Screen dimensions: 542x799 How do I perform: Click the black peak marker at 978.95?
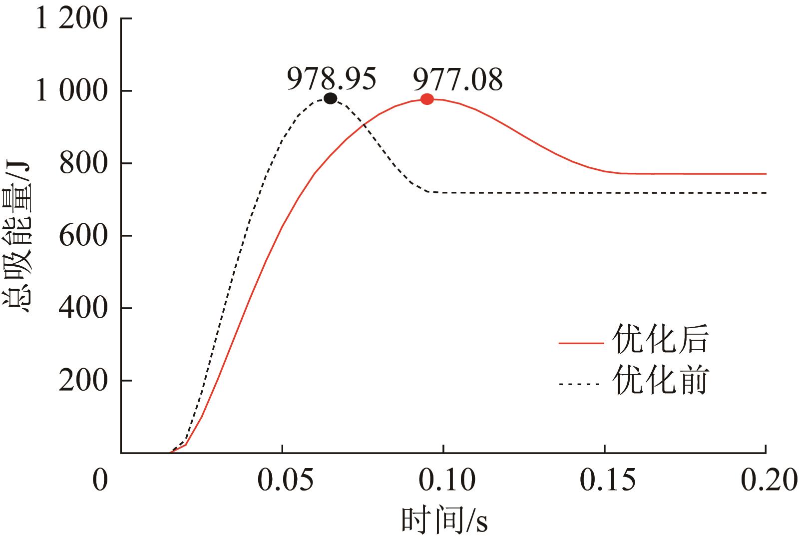click(330, 98)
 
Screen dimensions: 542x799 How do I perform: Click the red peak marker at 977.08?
click(426, 99)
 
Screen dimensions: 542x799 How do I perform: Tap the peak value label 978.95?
click(331, 79)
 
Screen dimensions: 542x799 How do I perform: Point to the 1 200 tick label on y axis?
click(72, 19)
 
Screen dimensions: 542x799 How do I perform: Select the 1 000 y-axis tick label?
click(72, 91)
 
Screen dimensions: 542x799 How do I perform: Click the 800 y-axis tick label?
click(83, 164)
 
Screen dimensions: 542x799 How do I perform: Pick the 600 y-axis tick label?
click(83, 236)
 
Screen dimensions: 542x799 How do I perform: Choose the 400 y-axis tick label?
click(83, 308)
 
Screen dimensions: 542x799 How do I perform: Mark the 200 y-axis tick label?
click(83, 381)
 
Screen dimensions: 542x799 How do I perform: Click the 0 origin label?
click(100, 481)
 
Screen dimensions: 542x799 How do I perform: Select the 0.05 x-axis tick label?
click(282, 481)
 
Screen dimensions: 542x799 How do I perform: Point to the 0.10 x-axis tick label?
click(443, 481)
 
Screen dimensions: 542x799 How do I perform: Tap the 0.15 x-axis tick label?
click(605, 481)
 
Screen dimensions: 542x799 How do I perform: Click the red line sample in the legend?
click(581, 343)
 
